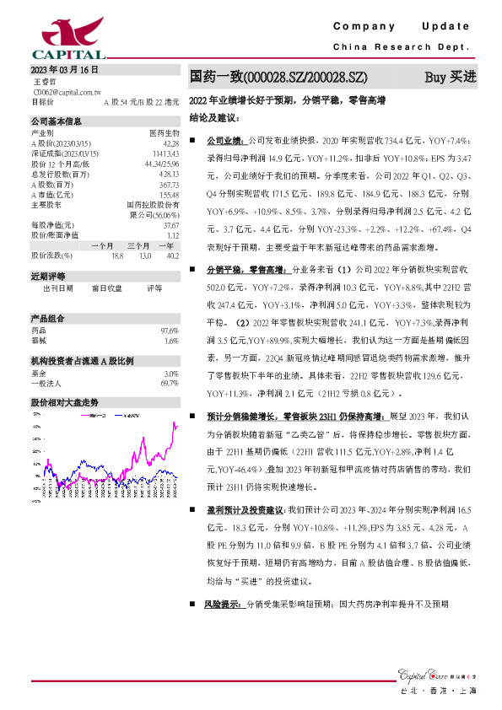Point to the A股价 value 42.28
click(170, 143)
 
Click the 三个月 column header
click(139, 245)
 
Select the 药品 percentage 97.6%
click(170, 307)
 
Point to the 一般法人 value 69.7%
click(170, 359)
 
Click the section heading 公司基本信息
click(57, 121)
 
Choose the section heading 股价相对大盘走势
click(64, 379)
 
